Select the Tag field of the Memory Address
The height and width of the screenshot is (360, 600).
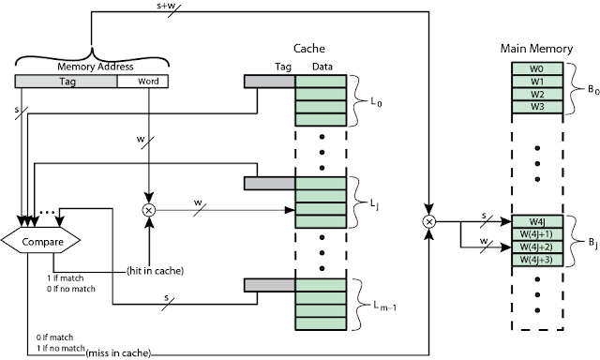(x=66, y=82)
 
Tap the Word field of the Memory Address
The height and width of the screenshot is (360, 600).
(x=142, y=82)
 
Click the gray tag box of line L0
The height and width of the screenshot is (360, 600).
(x=269, y=82)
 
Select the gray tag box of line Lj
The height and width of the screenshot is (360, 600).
(x=269, y=183)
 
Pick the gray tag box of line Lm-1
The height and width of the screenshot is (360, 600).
(x=269, y=284)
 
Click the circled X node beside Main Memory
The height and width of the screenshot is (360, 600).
(x=429, y=222)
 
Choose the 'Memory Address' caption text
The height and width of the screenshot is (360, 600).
(x=90, y=67)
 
